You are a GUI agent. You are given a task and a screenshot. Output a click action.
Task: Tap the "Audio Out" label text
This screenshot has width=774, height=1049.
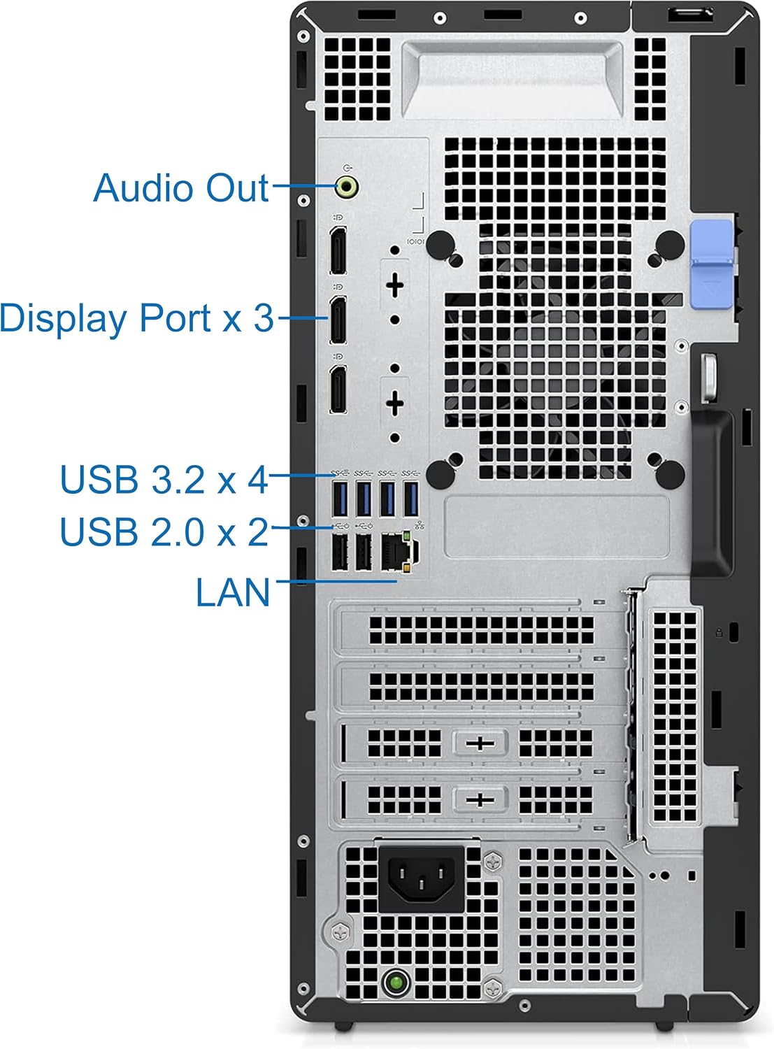[x=181, y=188]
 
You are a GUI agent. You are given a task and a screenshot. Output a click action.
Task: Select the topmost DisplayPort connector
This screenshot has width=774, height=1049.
[x=338, y=250]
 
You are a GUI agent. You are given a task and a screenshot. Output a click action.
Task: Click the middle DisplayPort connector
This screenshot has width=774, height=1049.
[x=338, y=320]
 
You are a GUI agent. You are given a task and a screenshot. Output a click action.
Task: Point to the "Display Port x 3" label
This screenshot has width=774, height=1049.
[x=137, y=318]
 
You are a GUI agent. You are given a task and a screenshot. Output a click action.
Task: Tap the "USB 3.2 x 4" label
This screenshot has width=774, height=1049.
[x=164, y=480]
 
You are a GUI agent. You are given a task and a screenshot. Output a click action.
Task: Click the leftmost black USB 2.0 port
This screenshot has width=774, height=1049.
[x=341, y=553]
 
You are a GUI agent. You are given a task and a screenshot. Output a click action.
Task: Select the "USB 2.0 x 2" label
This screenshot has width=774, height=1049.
[x=164, y=532]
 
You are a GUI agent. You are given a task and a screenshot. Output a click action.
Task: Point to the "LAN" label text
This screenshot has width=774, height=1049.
[x=233, y=593]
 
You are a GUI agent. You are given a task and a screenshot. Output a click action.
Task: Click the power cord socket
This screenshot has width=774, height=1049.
[x=422, y=877]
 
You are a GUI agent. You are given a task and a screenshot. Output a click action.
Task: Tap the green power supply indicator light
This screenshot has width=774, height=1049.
[x=396, y=983]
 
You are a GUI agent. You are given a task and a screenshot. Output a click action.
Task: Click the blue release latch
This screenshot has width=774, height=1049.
[x=711, y=264]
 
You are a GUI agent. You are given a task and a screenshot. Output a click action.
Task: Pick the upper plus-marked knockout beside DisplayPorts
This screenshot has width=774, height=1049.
[x=395, y=285]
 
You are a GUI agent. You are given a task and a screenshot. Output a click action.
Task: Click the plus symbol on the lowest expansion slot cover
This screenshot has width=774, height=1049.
[x=480, y=799]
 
